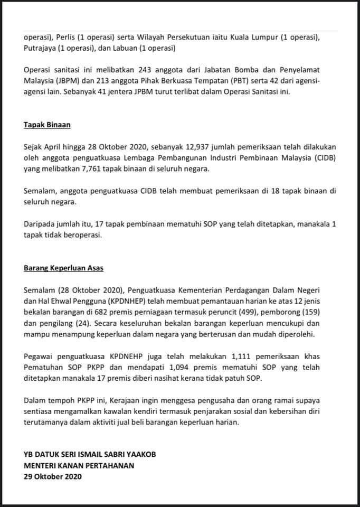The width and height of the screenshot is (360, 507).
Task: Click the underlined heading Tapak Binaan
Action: point(47,126)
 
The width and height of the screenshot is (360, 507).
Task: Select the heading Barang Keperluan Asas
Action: point(63,268)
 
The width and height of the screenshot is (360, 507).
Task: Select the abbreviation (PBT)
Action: point(240,81)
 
